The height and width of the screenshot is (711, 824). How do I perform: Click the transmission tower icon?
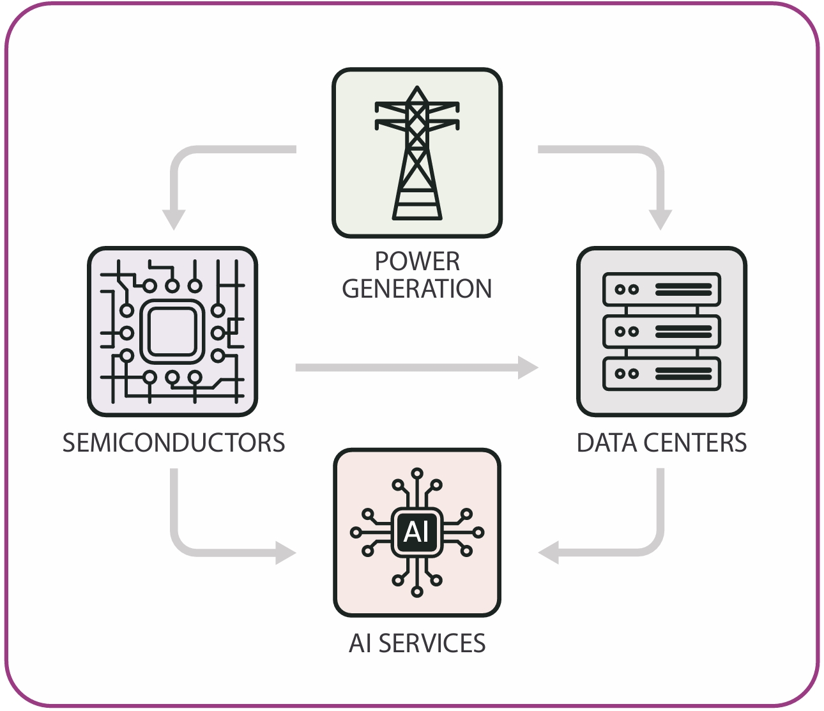point(417,153)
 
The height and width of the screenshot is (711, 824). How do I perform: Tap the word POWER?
point(417,261)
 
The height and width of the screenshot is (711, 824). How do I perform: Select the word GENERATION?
point(417,289)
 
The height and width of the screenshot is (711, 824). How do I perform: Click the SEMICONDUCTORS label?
point(174,443)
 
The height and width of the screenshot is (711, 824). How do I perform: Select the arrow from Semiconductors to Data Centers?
point(415,368)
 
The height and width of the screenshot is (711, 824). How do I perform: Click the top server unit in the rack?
point(662,289)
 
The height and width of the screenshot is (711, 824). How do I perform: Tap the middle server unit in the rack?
point(662,332)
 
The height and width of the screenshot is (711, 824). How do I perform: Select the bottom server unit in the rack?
point(662,374)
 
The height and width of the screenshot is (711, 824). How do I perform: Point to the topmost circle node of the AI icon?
point(417,473)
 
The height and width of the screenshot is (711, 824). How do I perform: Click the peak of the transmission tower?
point(417,89)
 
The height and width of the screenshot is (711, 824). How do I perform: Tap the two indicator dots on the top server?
point(627,289)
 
